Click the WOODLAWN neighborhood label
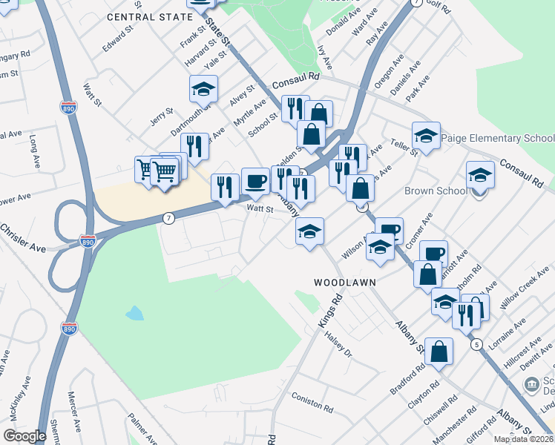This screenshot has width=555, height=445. pos(344,283)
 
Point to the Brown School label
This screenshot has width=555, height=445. pos(436,191)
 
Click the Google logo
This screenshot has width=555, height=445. pos(24,436)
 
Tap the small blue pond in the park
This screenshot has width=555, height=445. pos(134,313)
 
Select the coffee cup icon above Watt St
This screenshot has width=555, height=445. pos(255,181)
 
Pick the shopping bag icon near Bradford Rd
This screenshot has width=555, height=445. pos(439,352)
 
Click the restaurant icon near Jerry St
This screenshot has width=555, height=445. pos(194,146)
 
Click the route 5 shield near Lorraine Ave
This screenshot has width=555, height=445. pos(476,344)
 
